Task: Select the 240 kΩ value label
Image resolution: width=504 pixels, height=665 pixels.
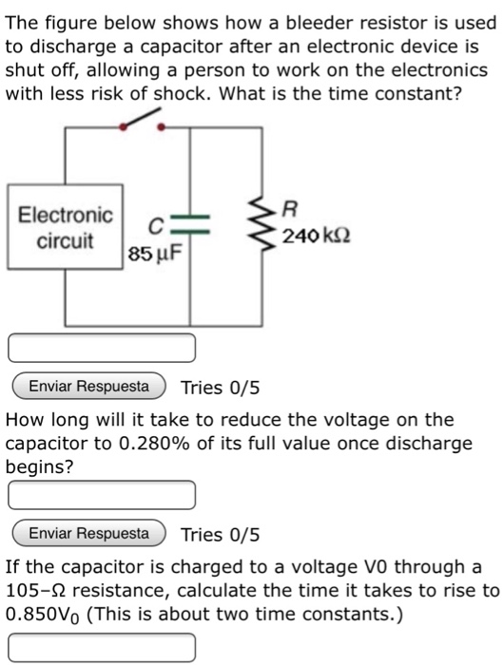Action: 312,236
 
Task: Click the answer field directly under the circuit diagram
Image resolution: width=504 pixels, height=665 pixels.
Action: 102,348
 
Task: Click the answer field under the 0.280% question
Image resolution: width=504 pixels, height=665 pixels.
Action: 102,495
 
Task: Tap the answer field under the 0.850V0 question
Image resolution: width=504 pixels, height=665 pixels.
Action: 102,648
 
